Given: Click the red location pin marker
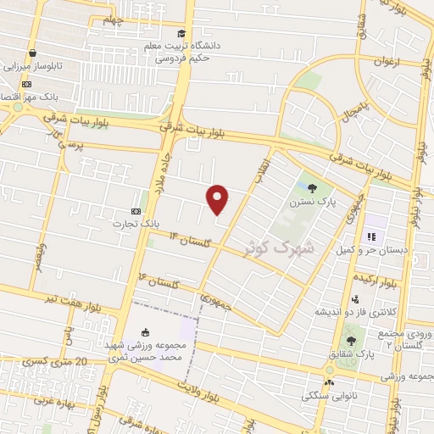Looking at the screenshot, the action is pyautogui.click(x=218, y=199).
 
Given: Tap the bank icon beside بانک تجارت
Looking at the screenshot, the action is pyautogui.click(x=136, y=209).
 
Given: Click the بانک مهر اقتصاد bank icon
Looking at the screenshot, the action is pyautogui.click(x=26, y=85).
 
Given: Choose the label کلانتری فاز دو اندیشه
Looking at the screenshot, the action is pyautogui.click(x=348, y=311).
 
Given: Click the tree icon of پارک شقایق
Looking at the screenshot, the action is pyautogui.click(x=352, y=341).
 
